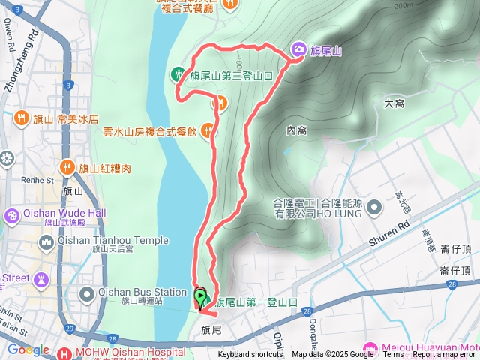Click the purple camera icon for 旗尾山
[x=298, y=49]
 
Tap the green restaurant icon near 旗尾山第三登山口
[x=178, y=73]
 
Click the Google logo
[x=28, y=349]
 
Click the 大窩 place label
[x=394, y=102]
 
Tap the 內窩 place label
[x=297, y=130]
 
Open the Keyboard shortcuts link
[x=250, y=355]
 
